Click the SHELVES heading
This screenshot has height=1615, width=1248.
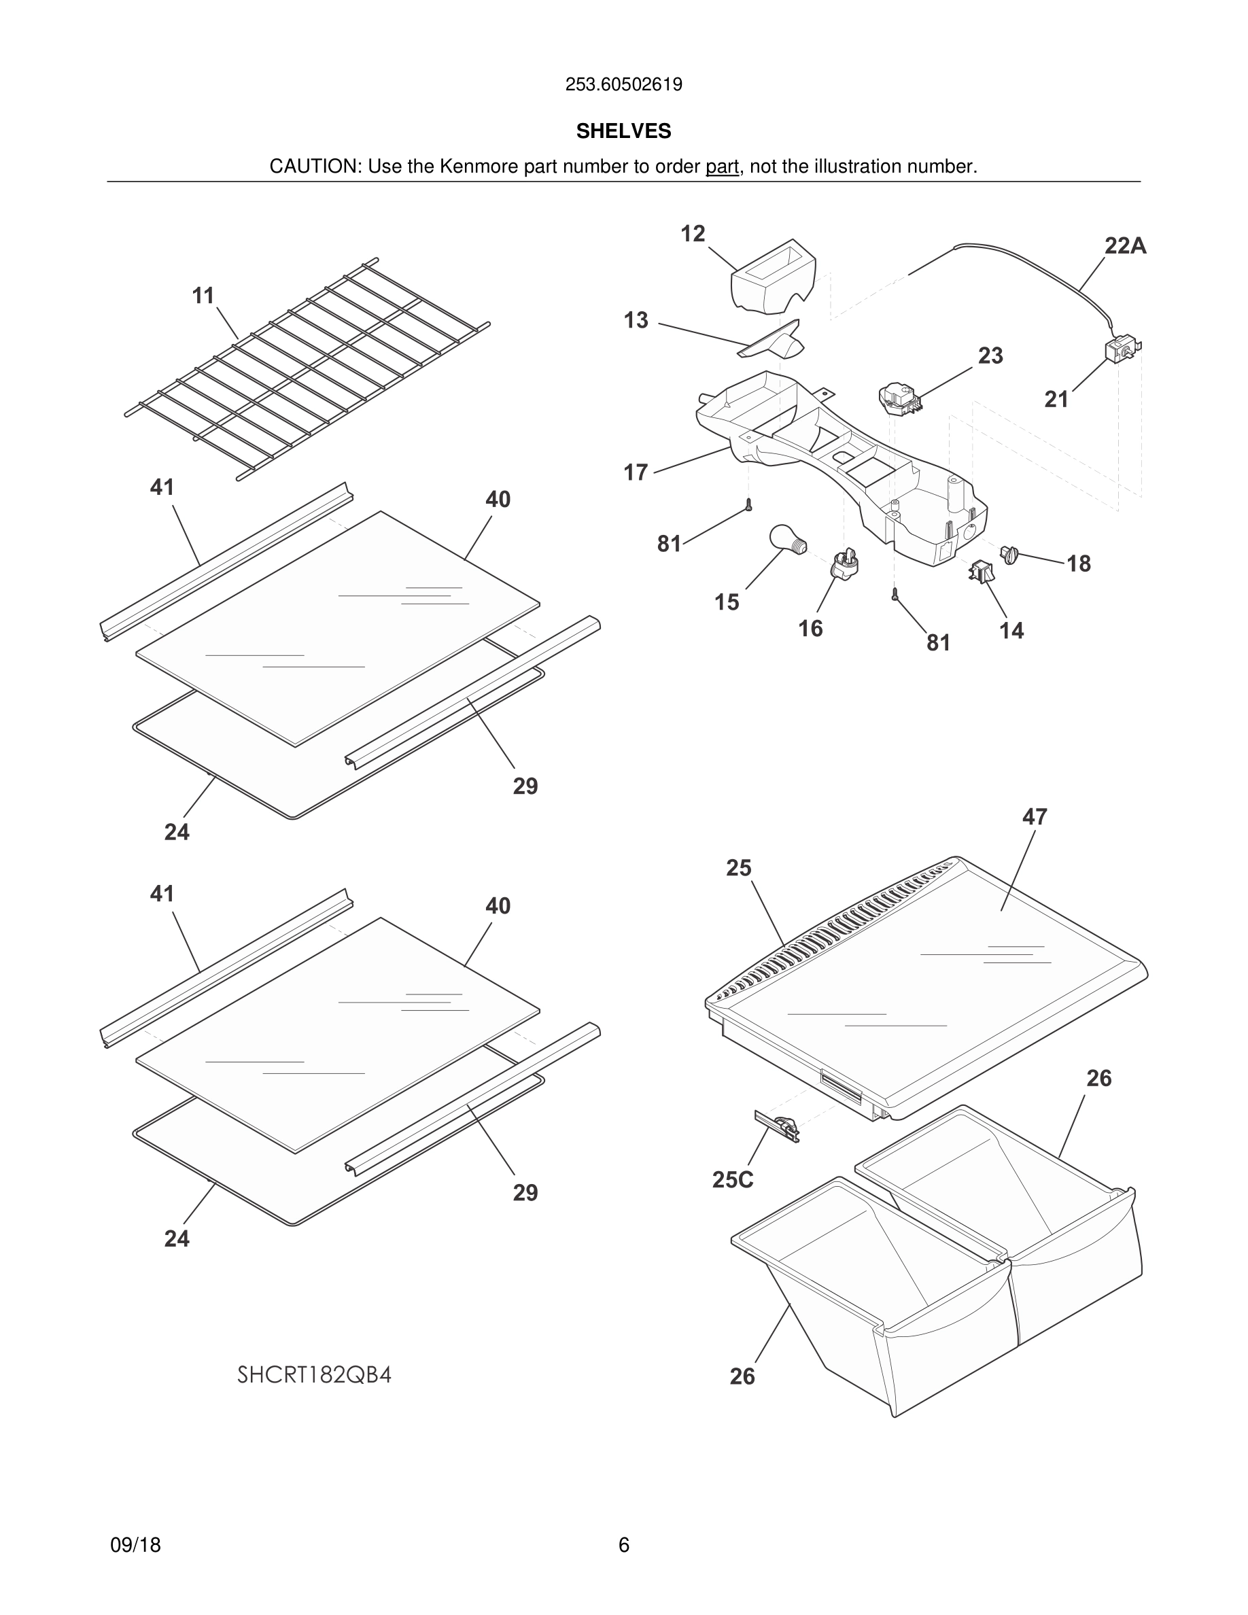coord(623,131)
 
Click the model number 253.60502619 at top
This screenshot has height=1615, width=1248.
coord(623,84)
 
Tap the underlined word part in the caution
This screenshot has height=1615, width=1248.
coord(722,167)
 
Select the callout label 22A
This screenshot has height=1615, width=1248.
coord(1124,246)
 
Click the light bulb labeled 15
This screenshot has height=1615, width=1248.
coord(787,538)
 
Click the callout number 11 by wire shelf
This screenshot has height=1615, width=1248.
coord(203,296)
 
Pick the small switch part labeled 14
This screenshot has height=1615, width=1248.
coord(981,572)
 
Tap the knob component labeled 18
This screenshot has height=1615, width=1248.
coord(1010,553)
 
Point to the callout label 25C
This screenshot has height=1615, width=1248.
coord(732,1179)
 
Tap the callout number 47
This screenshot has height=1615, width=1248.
coord(1035,817)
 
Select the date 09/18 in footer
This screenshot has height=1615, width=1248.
coord(135,1545)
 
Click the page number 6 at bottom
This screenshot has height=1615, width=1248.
coord(623,1545)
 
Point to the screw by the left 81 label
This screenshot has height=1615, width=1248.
coord(748,505)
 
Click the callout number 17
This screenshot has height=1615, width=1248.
coord(635,472)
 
